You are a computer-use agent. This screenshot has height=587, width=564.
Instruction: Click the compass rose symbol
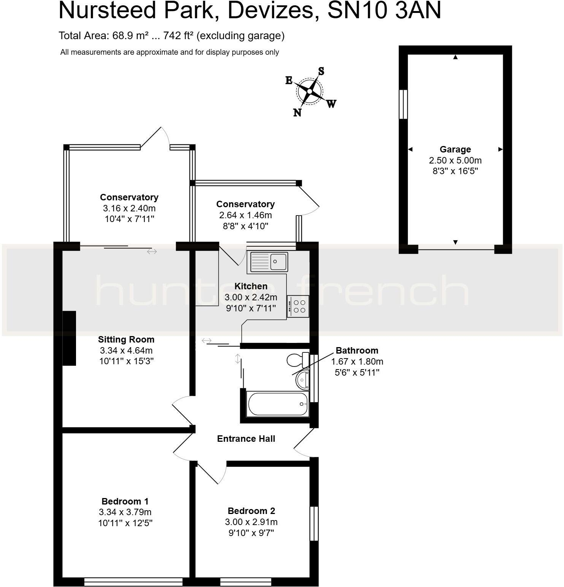point(310,92)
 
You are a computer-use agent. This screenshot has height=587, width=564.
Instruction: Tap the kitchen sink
point(268,262)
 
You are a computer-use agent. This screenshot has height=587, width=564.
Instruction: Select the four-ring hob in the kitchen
point(298,306)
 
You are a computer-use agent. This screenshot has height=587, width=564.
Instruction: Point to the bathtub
point(277,404)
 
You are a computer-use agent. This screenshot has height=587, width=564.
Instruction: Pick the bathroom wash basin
point(303,379)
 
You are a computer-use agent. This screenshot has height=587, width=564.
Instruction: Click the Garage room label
point(455,149)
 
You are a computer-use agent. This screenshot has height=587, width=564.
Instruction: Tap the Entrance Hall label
point(246,439)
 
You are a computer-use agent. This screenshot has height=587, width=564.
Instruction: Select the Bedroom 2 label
point(251,511)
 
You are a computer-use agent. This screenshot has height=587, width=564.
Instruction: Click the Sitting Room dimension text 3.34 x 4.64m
point(126,350)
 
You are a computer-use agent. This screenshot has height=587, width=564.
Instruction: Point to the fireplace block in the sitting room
point(69,338)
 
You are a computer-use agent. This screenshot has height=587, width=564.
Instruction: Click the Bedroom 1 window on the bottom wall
point(133,582)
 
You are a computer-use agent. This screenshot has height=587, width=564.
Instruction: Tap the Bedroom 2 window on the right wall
point(314,523)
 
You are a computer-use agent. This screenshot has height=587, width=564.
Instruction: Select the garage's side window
point(403,104)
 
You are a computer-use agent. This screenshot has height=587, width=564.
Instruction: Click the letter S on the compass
point(321,71)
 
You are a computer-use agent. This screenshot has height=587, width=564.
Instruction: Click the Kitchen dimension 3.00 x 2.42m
point(251,297)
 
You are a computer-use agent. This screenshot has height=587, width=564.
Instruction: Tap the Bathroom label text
point(357,351)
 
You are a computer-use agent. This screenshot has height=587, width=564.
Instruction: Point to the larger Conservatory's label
point(129,197)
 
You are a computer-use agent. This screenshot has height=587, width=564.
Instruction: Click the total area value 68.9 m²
point(130,36)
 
